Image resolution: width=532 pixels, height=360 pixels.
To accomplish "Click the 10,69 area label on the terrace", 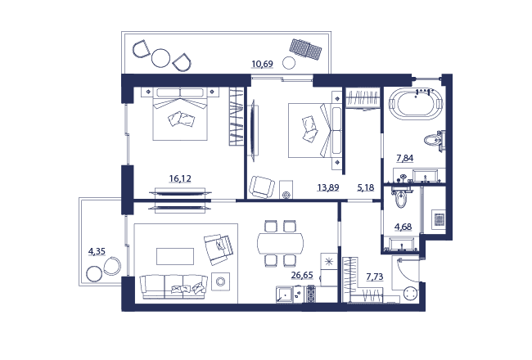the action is point(262,64).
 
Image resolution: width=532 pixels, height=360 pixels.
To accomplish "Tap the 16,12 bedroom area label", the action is point(180,178).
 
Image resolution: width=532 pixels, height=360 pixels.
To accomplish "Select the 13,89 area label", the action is point(328,187).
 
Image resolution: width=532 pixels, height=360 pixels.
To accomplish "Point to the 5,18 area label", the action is point(366,187).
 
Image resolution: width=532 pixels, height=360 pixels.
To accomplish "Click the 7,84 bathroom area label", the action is point(405,158).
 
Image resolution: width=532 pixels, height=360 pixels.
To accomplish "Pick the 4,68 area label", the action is point(403,227).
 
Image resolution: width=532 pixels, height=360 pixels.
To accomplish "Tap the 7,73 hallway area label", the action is point(375,277).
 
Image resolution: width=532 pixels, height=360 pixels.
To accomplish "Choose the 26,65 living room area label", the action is point(302,275).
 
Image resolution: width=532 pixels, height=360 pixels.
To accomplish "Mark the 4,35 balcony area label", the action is point(97,251).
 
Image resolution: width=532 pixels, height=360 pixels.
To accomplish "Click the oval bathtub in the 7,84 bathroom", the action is point(415,103).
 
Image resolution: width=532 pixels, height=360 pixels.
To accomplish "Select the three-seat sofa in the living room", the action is point(174,287).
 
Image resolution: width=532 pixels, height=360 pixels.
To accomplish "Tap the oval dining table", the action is point(280,243).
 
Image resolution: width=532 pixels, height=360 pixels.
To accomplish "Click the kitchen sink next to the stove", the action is point(284,295).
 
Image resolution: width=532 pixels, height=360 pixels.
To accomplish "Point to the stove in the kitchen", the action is point(311,294).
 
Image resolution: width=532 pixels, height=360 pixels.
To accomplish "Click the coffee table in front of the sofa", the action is point(175,256).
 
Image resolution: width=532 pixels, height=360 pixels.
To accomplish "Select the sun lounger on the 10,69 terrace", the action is point(306,49).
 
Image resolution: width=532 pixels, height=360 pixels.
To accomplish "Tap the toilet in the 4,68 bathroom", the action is point(401,199).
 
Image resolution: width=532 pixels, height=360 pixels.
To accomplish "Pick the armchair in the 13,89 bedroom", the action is point(262,187).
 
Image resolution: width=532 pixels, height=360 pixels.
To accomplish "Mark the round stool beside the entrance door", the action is point(411,294).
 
